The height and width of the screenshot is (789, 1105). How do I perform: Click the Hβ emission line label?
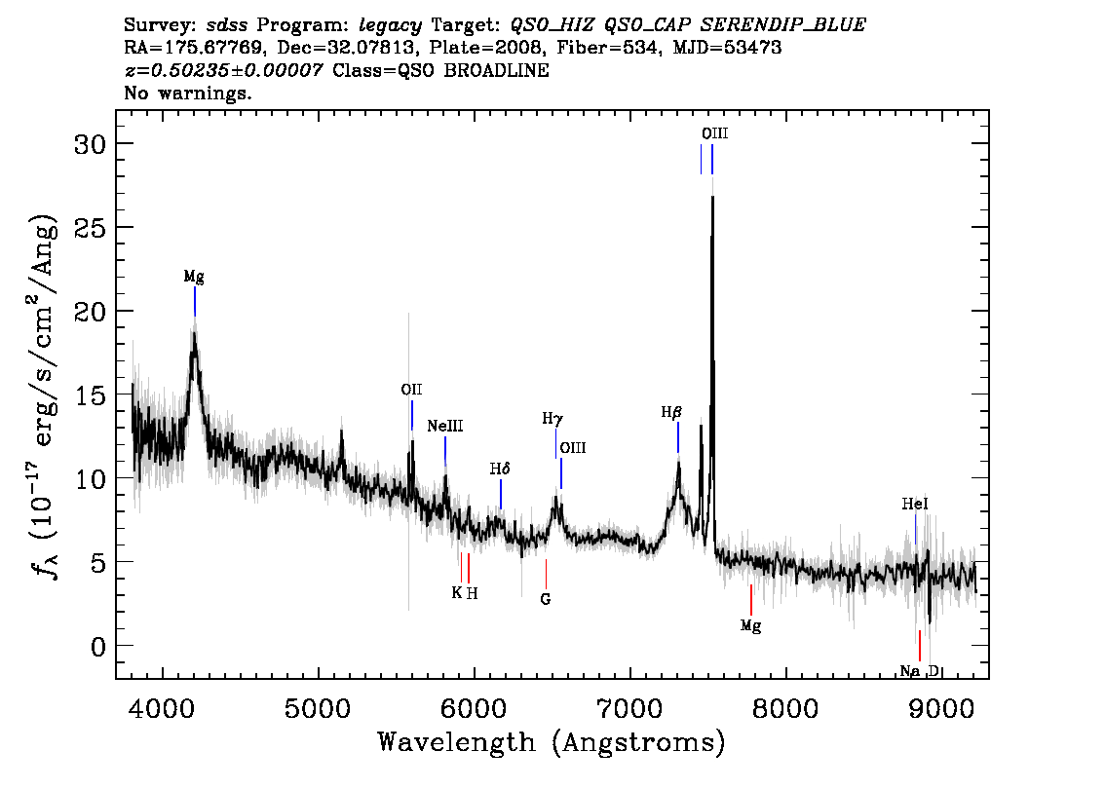click(x=670, y=413)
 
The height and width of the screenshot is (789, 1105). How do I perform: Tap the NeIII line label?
click(x=444, y=427)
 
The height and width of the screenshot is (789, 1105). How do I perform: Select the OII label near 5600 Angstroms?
click(x=411, y=390)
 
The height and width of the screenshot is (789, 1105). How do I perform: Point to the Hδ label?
click(x=500, y=469)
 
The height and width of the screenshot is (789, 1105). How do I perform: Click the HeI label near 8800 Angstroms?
click(x=915, y=504)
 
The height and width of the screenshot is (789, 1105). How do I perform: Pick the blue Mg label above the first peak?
click(x=194, y=277)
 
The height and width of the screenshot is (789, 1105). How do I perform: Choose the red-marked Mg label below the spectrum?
click(x=750, y=625)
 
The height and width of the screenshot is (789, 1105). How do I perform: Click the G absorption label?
click(x=546, y=599)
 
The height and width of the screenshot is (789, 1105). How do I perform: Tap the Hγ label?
click(x=552, y=419)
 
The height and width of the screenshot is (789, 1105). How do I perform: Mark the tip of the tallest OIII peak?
click(x=712, y=197)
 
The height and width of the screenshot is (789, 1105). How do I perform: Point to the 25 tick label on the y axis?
click(x=91, y=228)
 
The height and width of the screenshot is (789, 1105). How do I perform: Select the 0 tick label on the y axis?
click(x=98, y=646)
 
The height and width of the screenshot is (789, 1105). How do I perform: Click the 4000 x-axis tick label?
click(x=163, y=709)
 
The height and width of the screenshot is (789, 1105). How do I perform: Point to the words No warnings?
click(x=187, y=93)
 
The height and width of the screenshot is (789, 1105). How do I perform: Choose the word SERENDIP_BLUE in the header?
click(x=782, y=25)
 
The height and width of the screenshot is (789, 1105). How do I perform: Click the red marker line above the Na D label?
click(x=919, y=646)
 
